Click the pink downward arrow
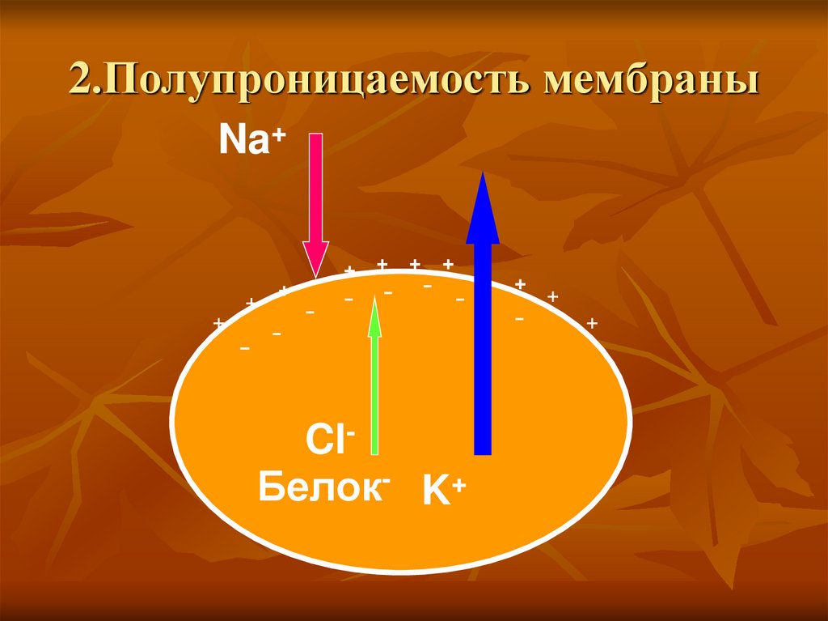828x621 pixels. click(x=315, y=202)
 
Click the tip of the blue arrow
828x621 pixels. click(x=483, y=175)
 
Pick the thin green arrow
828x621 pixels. click(x=374, y=381)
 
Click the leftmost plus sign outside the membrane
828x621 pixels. click(x=218, y=323)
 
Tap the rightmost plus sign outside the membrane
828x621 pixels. click(x=592, y=323)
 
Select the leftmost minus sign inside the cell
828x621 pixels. click(x=245, y=348)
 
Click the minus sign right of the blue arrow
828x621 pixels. click(x=519, y=320)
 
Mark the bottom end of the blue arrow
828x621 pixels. click(x=482, y=451)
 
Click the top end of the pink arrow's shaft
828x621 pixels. click(x=315, y=136)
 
